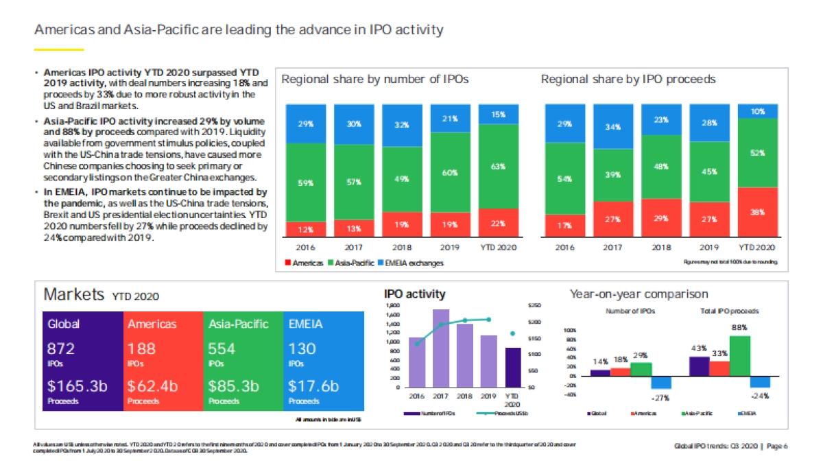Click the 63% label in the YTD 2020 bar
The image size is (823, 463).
point(498,167)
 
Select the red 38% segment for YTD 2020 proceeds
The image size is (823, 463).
point(758,213)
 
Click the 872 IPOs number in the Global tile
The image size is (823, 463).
point(60,348)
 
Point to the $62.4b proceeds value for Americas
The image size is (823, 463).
point(152,386)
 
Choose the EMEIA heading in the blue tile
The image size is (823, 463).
point(305,324)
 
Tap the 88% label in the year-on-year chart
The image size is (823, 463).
point(739,328)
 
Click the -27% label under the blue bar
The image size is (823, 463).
point(661,398)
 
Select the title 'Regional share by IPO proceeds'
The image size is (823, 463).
point(628,80)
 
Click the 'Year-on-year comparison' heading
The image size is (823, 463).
point(639,294)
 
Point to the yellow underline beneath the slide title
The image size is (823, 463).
point(59,49)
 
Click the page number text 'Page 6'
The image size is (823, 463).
point(776,447)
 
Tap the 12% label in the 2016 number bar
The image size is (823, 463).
point(306,228)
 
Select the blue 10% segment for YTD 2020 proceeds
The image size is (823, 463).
point(758,111)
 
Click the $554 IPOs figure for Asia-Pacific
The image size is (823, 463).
point(222,348)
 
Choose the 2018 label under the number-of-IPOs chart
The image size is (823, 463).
point(402,247)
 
